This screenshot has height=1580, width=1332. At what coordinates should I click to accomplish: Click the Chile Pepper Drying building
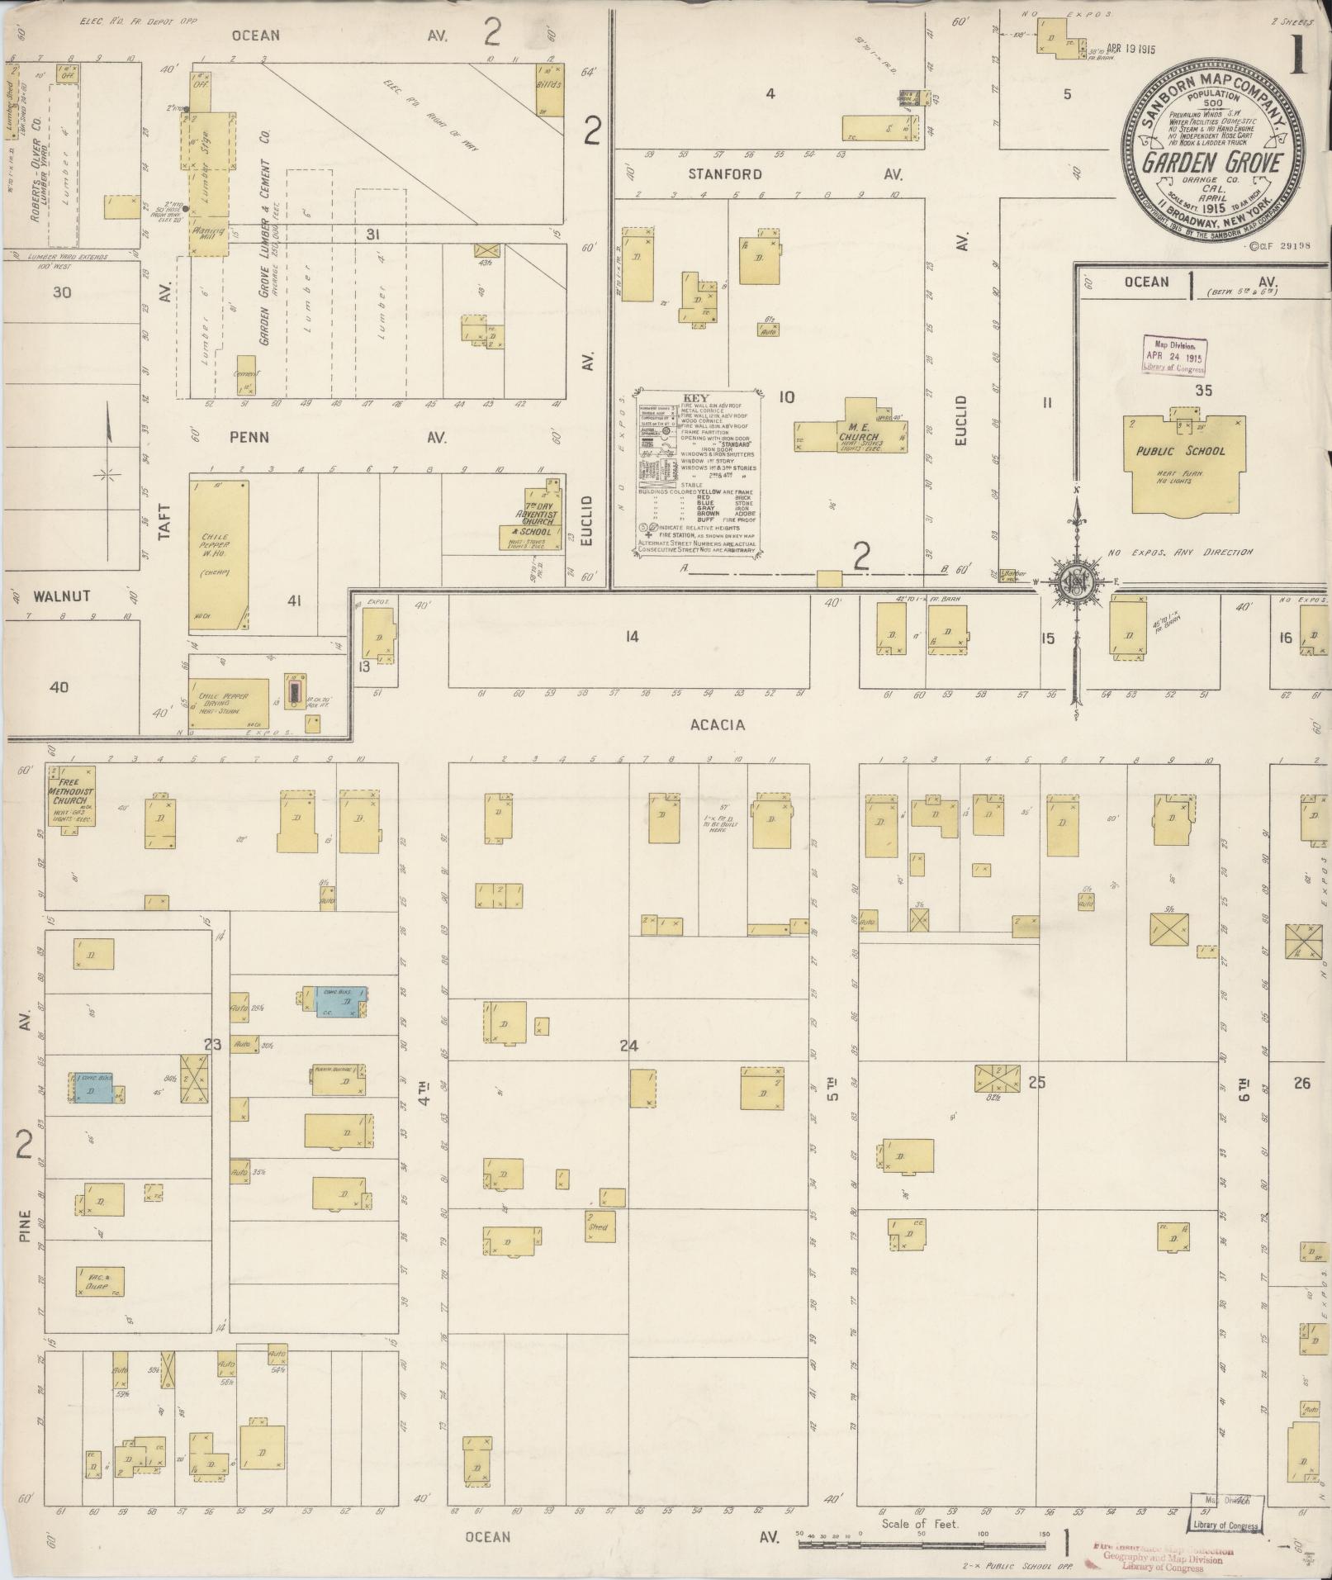click(x=229, y=702)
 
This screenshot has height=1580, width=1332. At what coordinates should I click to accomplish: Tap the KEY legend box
click(x=698, y=472)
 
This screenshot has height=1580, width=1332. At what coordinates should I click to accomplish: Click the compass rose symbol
click(x=1077, y=581)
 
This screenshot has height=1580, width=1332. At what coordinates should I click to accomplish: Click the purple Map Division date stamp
click(x=1173, y=355)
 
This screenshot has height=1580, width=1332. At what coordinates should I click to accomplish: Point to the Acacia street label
click(x=717, y=724)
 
